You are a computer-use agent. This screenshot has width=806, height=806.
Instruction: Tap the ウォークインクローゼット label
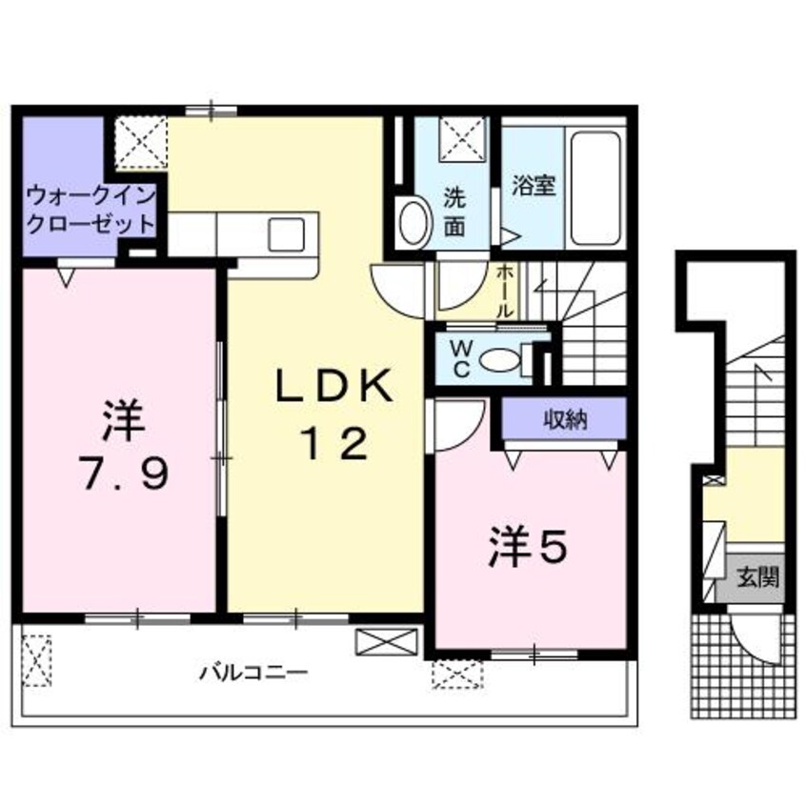click(x=91, y=211)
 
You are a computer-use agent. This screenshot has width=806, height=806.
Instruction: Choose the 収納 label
click(x=564, y=418)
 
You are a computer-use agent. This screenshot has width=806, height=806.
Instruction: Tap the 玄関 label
click(x=759, y=576)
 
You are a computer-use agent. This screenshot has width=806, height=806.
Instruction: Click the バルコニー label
click(x=253, y=673)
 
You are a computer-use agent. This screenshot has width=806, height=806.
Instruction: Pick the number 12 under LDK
click(x=333, y=444)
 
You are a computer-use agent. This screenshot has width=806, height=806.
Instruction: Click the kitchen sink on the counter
click(x=286, y=233)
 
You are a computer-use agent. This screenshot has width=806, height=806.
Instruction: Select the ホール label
click(x=505, y=290)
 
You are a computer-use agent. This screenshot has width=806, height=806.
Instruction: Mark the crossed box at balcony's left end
click(x=37, y=656)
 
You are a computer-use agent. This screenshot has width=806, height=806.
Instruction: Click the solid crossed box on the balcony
click(x=387, y=640)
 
